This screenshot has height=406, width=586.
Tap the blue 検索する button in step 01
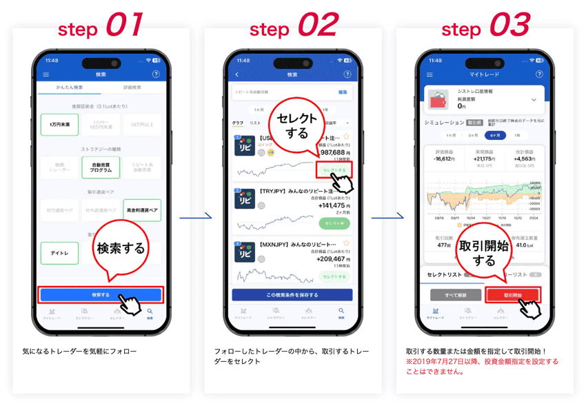pos(101,294)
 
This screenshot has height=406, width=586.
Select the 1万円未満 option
pos(59,125)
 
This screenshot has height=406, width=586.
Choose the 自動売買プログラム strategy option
pos(101,167)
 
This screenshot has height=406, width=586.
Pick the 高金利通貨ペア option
pos(142,210)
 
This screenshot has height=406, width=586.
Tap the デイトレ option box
pos(59,253)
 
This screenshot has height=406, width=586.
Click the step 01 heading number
pos(123,26)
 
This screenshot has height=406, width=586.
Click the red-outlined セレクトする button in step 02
pos(334,170)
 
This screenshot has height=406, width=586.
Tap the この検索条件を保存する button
pos(292,294)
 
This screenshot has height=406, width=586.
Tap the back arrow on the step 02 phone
pos(237,74)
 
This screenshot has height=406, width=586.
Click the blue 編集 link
pos(343,92)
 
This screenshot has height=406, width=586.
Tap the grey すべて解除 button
pos(455,294)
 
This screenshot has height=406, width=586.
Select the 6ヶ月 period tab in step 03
pos(494,136)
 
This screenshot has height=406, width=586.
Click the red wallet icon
pos(438,100)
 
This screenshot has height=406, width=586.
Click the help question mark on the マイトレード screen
pos(538,74)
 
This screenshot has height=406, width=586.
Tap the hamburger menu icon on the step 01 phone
pos(46,74)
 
